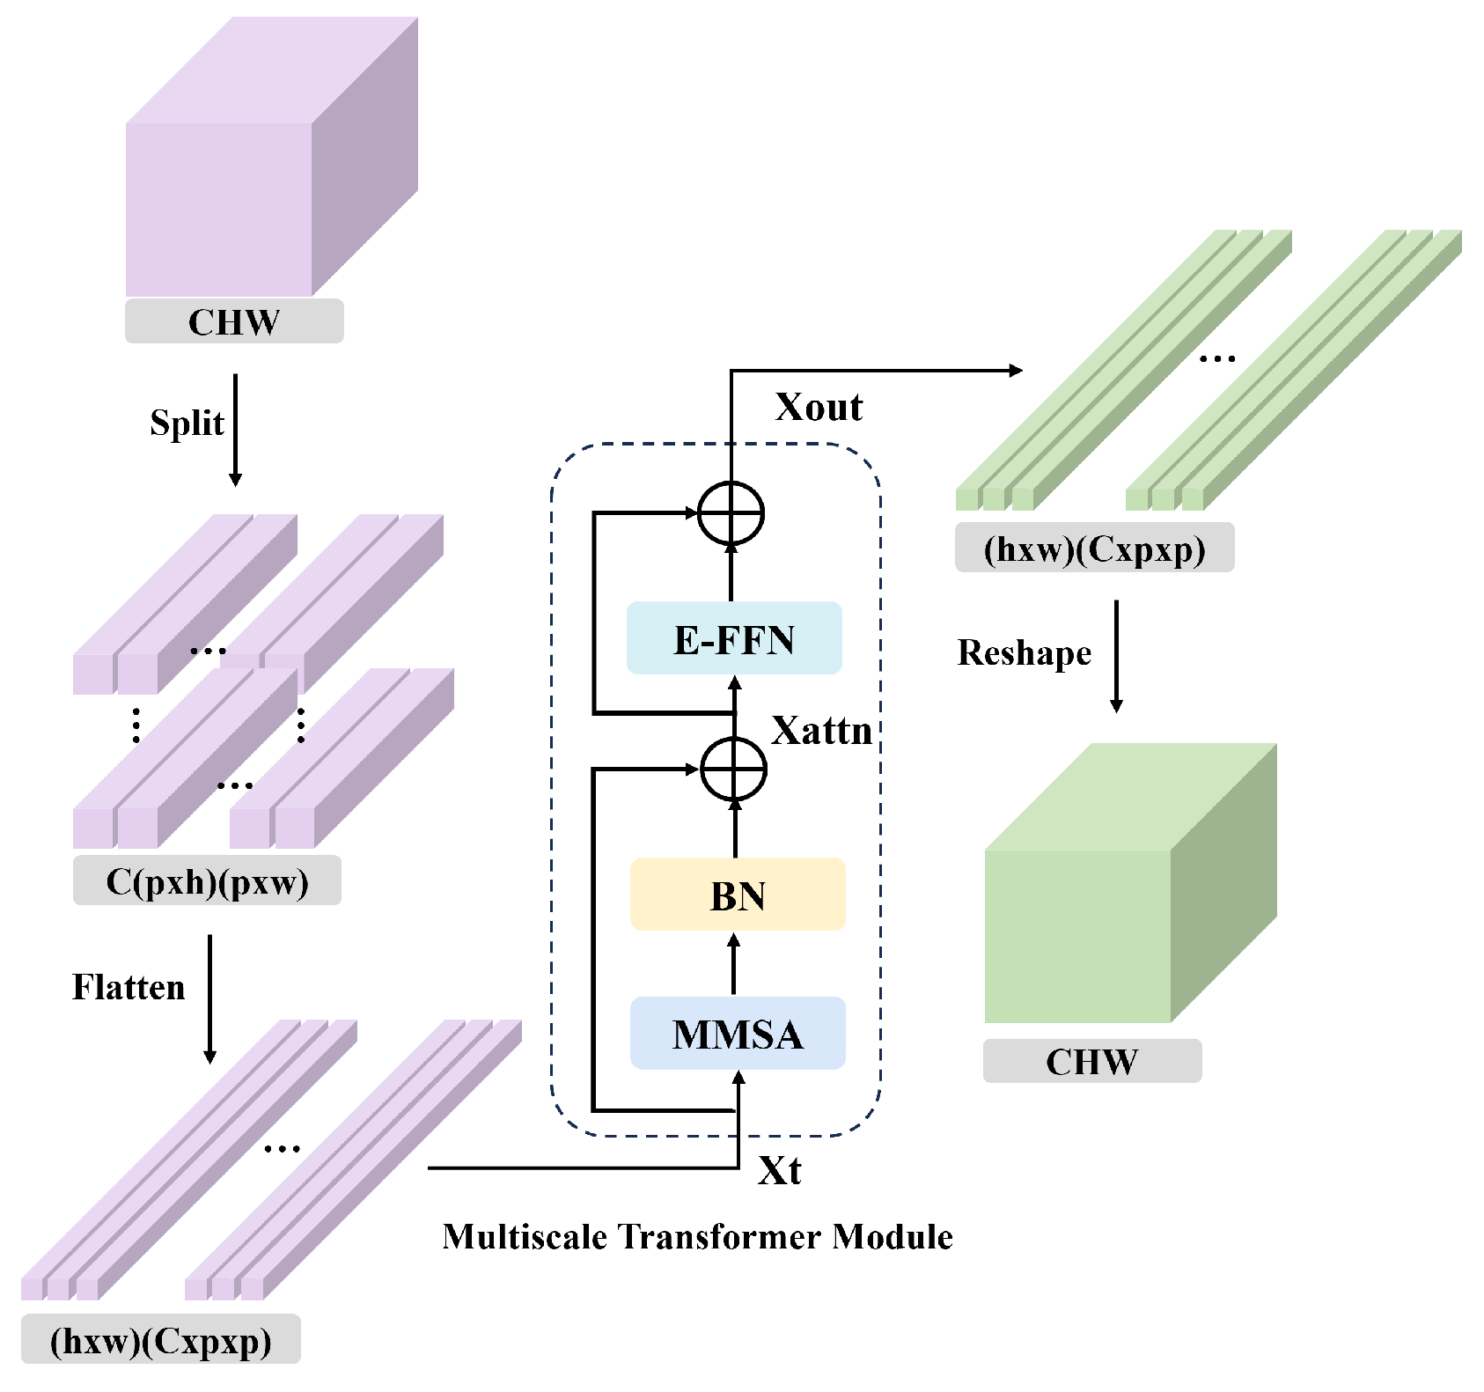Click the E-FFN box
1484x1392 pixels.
point(734,638)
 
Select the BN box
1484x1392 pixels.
point(738,895)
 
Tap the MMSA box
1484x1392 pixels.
point(738,1033)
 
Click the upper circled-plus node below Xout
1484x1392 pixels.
point(731,513)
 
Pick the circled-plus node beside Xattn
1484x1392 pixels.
point(734,769)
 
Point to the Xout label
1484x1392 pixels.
point(819,408)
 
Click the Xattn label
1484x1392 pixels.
point(821,731)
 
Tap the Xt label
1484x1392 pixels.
point(780,1171)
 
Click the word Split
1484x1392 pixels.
point(187,423)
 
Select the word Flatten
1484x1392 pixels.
point(129,987)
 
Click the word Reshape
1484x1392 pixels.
point(1025,653)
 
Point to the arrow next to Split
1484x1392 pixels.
point(235,430)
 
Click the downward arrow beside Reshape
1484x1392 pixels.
point(1116,656)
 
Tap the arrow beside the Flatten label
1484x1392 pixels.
point(209,998)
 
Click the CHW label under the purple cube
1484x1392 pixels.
point(234,322)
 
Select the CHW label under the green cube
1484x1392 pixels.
point(1091,1062)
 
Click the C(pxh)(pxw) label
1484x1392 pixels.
point(207,880)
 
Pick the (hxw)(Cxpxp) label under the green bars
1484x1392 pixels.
point(1094,549)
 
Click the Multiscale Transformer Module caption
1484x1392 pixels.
point(697,1237)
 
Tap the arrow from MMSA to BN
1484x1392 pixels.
point(734,964)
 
